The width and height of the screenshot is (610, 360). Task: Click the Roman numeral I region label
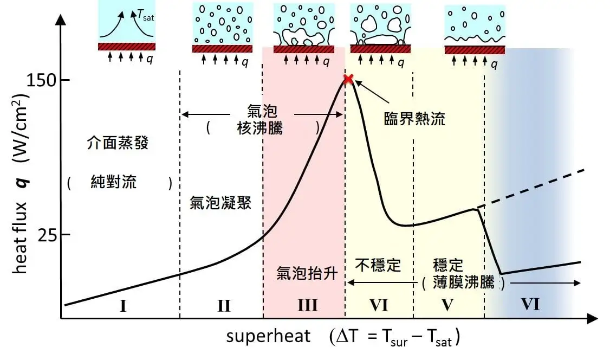124,306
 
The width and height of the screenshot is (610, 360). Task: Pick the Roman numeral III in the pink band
307,306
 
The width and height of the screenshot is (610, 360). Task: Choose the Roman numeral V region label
447,305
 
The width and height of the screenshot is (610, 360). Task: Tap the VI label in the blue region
530,305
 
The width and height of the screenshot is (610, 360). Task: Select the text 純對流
113,182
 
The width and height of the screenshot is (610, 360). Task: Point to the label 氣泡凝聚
220,203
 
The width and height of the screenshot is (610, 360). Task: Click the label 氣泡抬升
307,273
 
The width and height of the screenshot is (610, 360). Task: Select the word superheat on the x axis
269,337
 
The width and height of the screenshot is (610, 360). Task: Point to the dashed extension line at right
531,187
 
